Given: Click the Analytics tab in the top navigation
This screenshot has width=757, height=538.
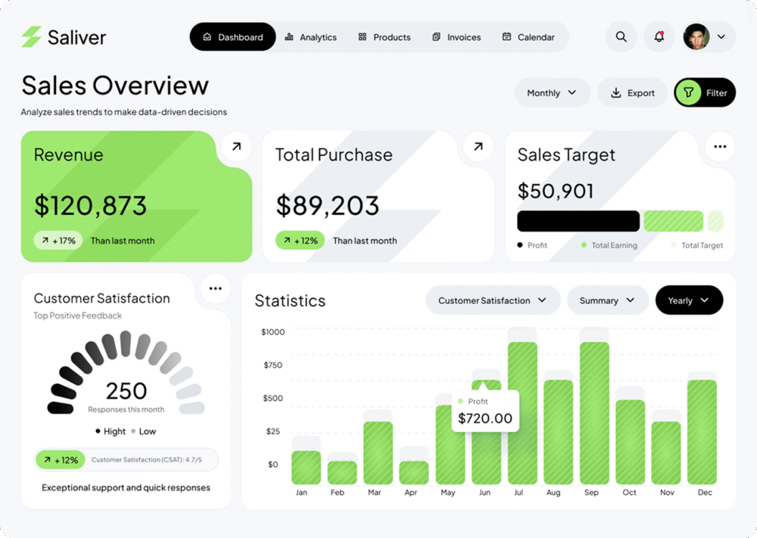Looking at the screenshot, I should pos(311,37).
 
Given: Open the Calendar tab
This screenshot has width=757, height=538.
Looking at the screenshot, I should pos(528,37).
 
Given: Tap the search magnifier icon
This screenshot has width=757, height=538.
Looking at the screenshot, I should pos(621,36).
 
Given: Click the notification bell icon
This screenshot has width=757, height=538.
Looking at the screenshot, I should pos(659,36).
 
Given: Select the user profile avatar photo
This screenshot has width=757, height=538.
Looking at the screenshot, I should pos(696,36).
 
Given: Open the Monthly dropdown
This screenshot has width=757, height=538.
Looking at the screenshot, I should pos(552,92).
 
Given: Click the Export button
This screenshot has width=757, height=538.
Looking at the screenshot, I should pos(632,92).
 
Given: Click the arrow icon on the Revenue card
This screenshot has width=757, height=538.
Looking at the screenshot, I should pos(236,147).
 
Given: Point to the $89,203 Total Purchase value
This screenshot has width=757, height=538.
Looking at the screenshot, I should pos(328,205).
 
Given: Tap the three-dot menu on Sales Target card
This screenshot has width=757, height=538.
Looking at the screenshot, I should pos(720,147).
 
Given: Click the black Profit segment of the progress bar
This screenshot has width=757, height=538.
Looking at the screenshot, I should pos(578,221).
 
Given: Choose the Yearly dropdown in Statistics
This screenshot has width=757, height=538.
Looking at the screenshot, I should pos(689,300).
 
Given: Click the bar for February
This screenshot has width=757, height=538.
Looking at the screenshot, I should pos(342,472).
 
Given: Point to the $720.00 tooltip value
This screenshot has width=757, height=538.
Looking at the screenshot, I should pos(485,418).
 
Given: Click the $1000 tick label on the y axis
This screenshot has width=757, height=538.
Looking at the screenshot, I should pos(273,332).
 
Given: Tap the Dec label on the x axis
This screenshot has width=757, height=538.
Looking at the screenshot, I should pos(705,493).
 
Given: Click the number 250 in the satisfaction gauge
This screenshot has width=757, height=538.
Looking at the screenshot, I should pos(126,391).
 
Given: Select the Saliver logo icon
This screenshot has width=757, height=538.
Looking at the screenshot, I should pos(32,36).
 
